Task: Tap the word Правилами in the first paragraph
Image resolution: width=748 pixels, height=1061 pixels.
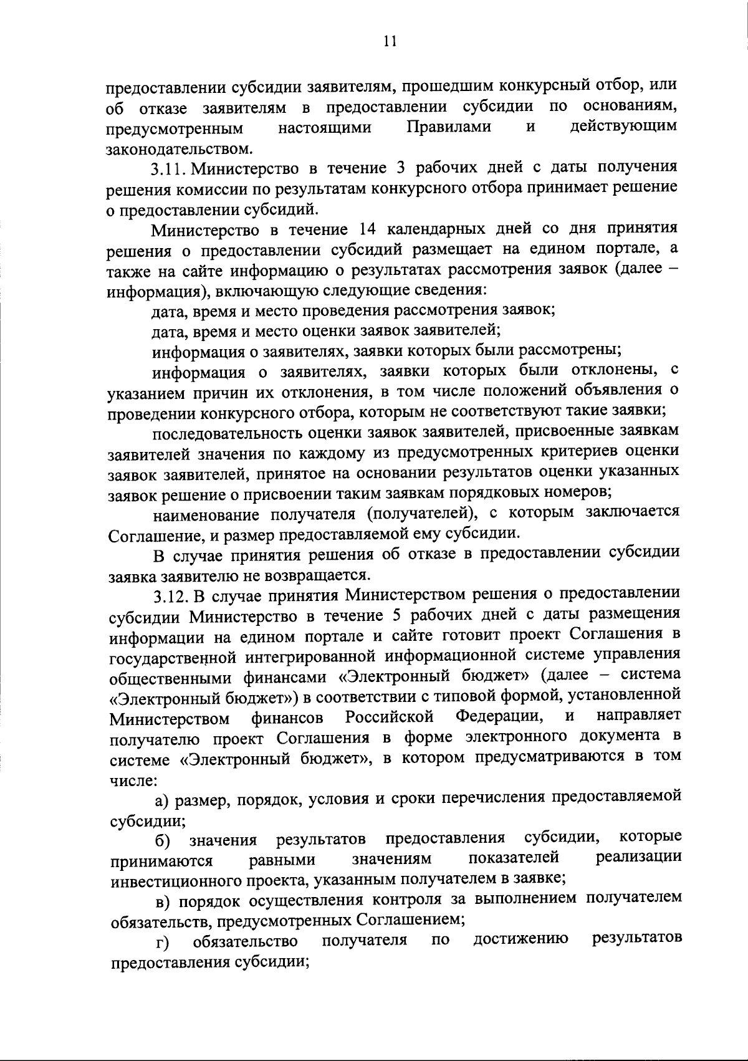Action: (x=448, y=128)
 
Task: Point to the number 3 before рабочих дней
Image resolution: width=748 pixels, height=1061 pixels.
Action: (x=400, y=169)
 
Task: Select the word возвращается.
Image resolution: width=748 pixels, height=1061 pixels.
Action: (x=316, y=574)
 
